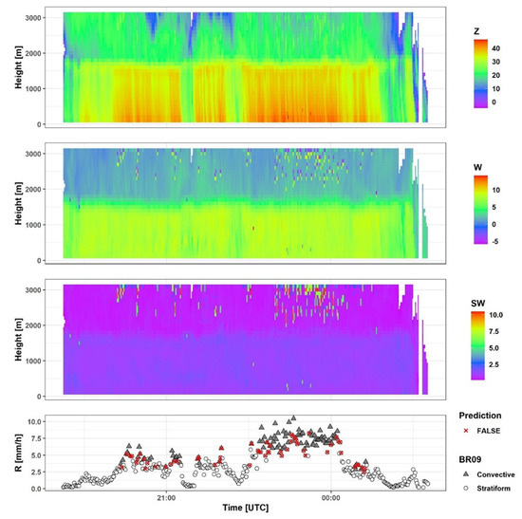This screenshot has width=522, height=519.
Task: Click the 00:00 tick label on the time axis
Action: click(330, 496)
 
